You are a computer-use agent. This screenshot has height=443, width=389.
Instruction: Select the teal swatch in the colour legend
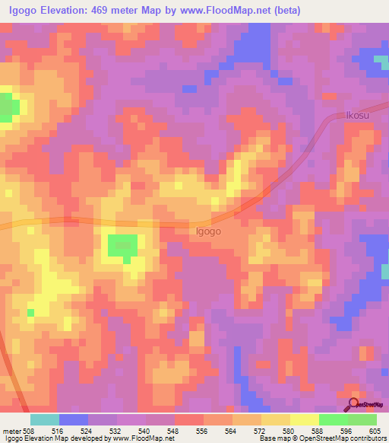(x=45, y=419)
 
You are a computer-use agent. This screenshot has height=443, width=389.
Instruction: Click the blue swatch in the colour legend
(x=74, y=419)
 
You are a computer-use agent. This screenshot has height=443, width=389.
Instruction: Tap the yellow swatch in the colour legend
(x=304, y=419)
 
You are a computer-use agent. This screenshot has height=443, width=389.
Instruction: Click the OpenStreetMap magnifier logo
(x=353, y=405)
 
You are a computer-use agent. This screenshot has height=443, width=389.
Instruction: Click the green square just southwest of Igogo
(x=122, y=246)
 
